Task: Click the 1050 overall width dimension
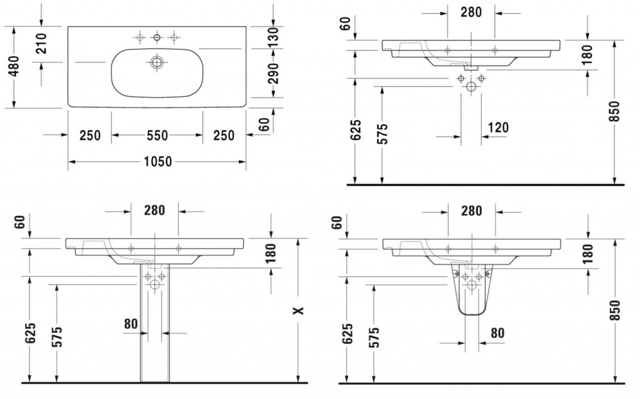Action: click(157, 162)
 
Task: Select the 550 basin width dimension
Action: click(157, 134)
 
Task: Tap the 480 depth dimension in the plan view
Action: click(14, 66)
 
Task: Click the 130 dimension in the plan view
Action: click(274, 37)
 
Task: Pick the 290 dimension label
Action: click(274, 73)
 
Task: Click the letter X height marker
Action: click(299, 311)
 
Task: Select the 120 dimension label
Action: click(498, 128)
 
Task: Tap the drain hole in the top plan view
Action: click(156, 63)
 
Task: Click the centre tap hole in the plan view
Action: click(157, 38)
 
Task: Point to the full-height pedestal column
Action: click(155, 323)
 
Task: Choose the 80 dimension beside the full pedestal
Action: click(131, 324)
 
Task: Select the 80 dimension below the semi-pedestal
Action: click(497, 333)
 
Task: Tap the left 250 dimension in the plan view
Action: click(90, 135)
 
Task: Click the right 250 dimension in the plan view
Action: click(224, 135)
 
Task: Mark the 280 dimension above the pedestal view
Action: click(154, 210)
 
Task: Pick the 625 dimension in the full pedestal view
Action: click(31, 333)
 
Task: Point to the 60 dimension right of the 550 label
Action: click(264, 124)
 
